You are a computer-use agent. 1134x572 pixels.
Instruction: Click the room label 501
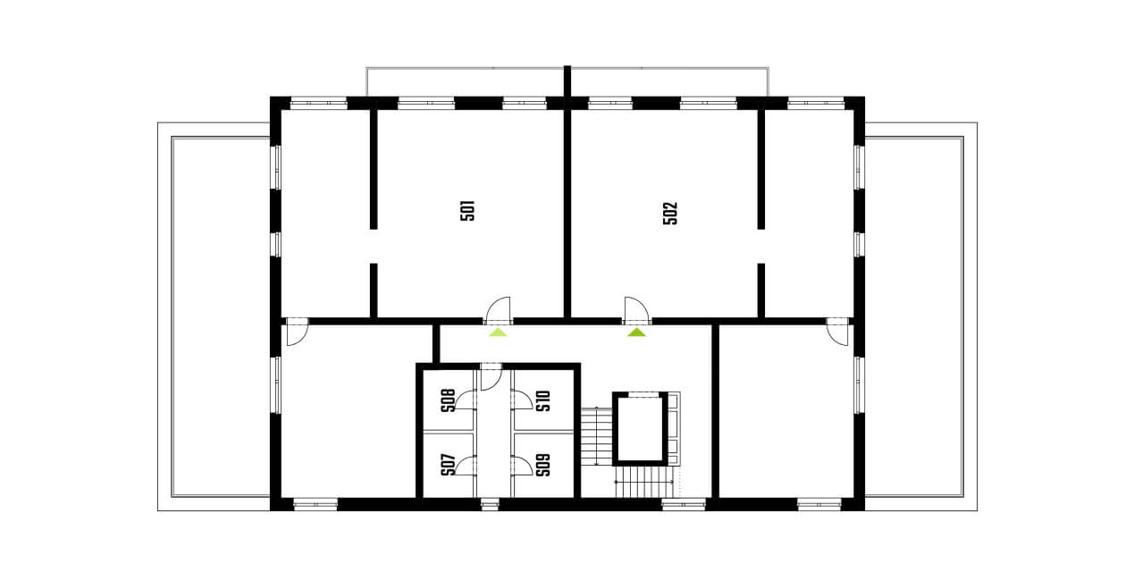(x=467, y=211)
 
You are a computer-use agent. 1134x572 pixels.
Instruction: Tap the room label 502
(x=670, y=213)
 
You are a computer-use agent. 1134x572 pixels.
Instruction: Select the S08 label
(x=448, y=400)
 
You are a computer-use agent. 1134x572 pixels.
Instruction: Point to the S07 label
(x=448, y=465)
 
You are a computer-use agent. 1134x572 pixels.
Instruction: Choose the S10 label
(x=542, y=400)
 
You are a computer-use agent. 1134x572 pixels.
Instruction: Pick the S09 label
(x=542, y=465)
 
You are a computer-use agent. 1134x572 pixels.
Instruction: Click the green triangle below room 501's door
(x=498, y=332)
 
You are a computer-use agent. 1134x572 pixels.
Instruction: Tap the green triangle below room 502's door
(x=636, y=332)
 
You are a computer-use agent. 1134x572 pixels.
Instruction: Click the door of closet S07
(x=466, y=465)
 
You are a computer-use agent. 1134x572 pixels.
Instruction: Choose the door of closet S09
(x=521, y=465)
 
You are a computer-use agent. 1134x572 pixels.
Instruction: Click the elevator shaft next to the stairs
(x=641, y=428)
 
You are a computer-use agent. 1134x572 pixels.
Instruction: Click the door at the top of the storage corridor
(x=491, y=376)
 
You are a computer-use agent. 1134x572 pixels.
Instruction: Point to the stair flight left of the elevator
(x=596, y=436)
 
